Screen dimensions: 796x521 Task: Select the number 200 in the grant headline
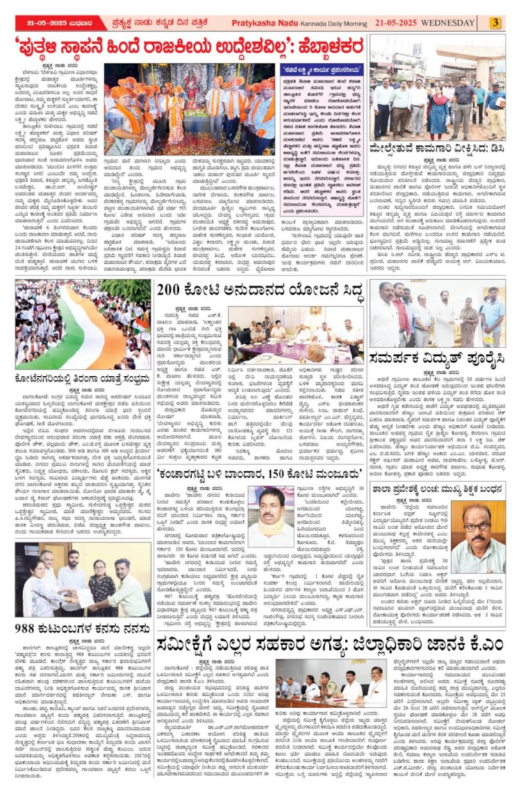click(x=172, y=289)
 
